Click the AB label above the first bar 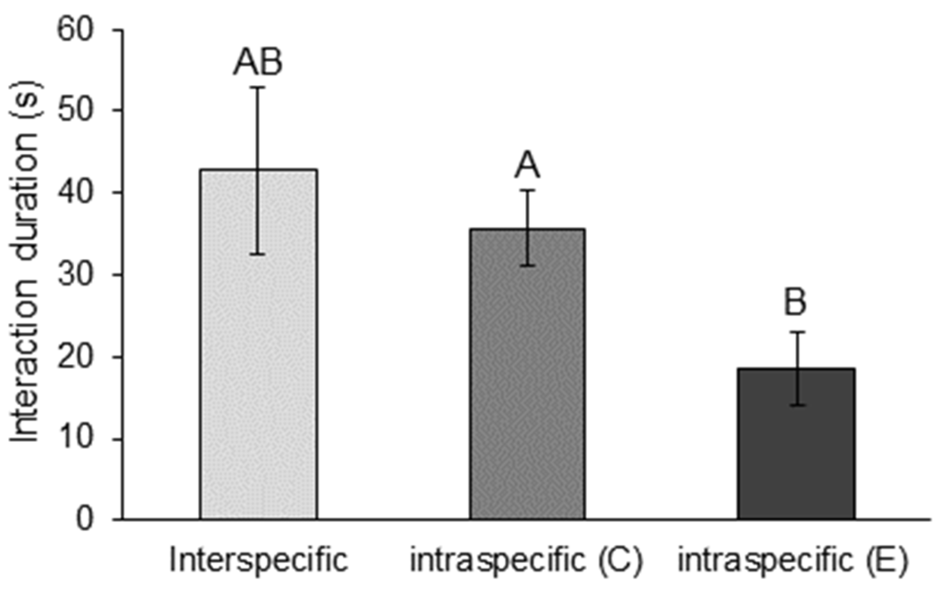(258, 62)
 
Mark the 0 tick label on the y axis (85, 519)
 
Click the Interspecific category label (258, 560)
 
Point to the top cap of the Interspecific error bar (258, 87)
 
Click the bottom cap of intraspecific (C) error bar (528, 265)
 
